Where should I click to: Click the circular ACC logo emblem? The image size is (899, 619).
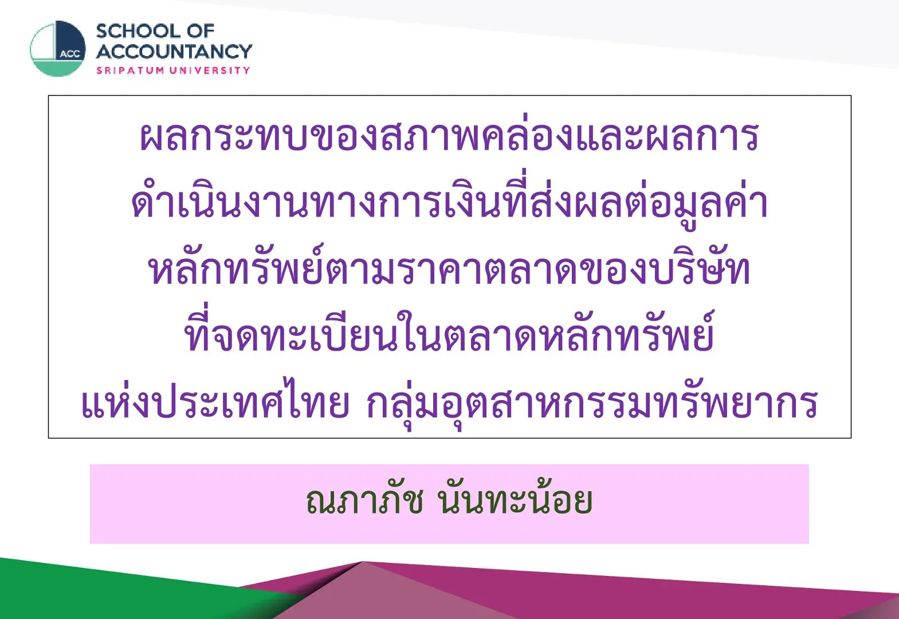coord(58,49)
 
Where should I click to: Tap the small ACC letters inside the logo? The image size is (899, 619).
coord(70,54)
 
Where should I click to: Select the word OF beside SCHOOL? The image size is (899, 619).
coord(201,32)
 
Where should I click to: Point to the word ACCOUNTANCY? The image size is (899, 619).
coord(174,52)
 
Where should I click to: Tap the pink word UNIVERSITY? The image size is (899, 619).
coord(210,70)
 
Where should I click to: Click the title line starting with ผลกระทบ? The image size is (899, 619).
coord(449,136)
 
